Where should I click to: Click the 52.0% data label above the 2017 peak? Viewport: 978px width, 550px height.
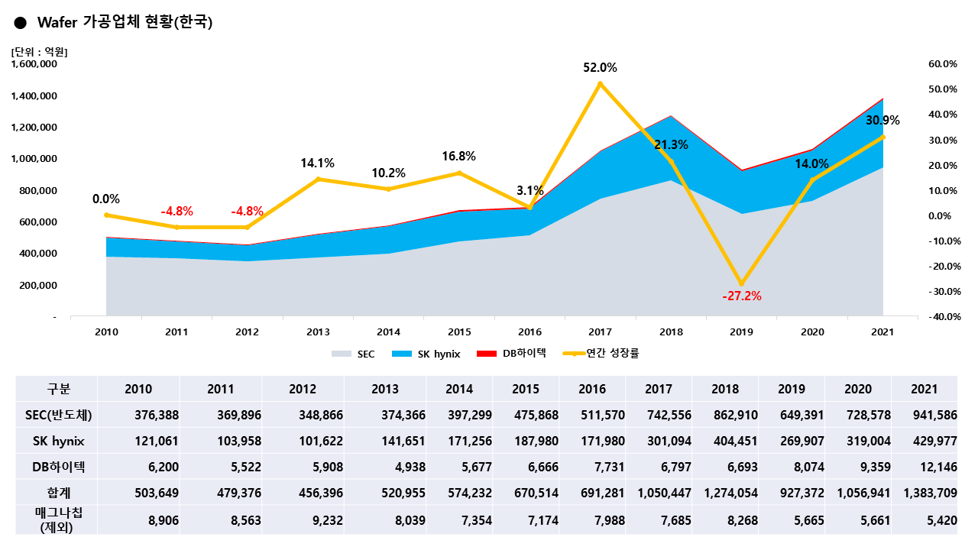[600, 68]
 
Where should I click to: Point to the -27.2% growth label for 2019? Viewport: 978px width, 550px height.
[741, 296]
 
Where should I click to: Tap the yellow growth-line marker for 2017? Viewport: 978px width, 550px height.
[600, 83]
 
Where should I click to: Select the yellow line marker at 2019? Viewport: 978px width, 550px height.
[741, 283]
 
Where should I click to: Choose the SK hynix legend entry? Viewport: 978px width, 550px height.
[427, 354]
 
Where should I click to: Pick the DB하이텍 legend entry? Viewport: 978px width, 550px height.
[513, 354]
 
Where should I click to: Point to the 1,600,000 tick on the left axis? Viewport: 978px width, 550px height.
[34, 65]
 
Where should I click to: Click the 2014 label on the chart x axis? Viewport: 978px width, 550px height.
[388, 332]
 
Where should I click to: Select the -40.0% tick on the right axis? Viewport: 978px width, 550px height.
[941, 317]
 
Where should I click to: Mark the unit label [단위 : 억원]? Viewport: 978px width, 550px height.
[40, 52]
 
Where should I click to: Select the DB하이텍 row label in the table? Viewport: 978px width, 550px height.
[58, 467]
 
